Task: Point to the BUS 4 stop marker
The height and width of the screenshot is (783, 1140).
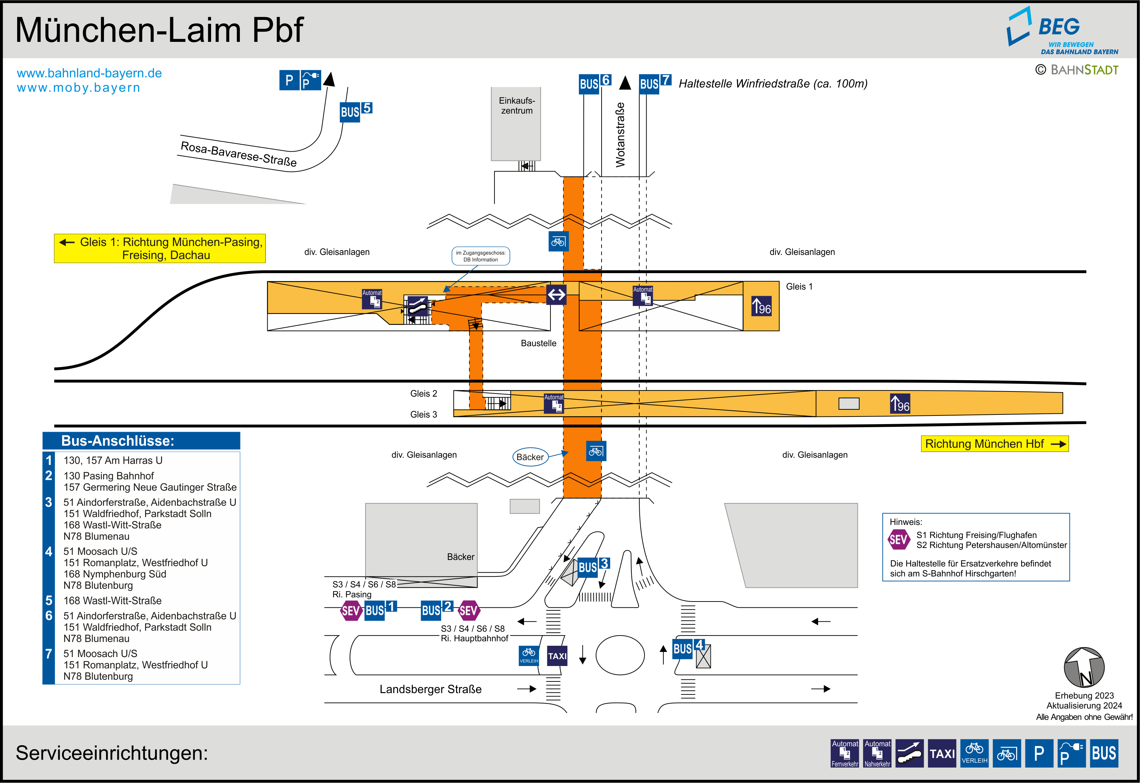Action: pyautogui.click(x=688, y=648)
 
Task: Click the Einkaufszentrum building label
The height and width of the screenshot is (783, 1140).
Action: pyautogui.click(x=516, y=105)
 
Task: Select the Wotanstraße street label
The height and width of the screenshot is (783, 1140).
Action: pyautogui.click(x=620, y=135)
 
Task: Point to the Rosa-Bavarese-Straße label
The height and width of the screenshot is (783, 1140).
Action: pyautogui.click(x=239, y=154)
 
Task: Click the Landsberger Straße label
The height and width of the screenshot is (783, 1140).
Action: pyautogui.click(x=430, y=689)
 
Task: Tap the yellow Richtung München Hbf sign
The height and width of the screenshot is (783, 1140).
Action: pyautogui.click(x=994, y=444)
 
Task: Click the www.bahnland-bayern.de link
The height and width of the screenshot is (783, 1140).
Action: pyautogui.click(x=89, y=73)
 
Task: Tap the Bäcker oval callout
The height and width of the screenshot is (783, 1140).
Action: pyautogui.click(x=530, y=457)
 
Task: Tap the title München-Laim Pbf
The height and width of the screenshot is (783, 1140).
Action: pyautogui.click(x=160, y=31)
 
